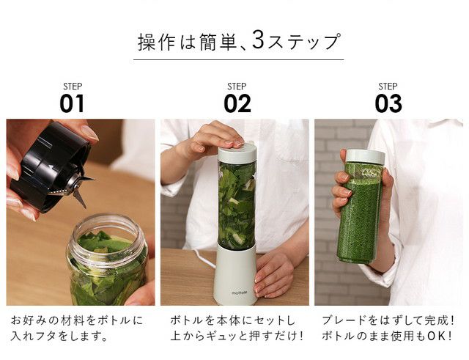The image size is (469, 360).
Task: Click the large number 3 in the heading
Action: click(x=258, y=39)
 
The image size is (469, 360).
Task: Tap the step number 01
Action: click(x=72, y=103)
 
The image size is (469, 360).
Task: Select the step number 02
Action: click(x=237, y=103)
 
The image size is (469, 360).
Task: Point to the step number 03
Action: click(x=388, y=103)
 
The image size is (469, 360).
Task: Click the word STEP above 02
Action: click(x=237, y=87)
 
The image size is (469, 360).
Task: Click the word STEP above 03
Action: click(x=388, y=87)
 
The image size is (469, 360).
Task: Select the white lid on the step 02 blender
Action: click(x=237, y=153)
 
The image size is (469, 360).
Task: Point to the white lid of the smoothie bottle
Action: click(x=365, y=156)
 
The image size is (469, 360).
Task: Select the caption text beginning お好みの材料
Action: click(x=77, y=328)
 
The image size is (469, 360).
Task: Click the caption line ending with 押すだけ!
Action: click(x=237, y=336)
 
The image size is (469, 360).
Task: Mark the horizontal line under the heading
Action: click(x=238, y=59)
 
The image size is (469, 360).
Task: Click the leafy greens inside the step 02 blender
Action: click(x=237, y=204)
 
